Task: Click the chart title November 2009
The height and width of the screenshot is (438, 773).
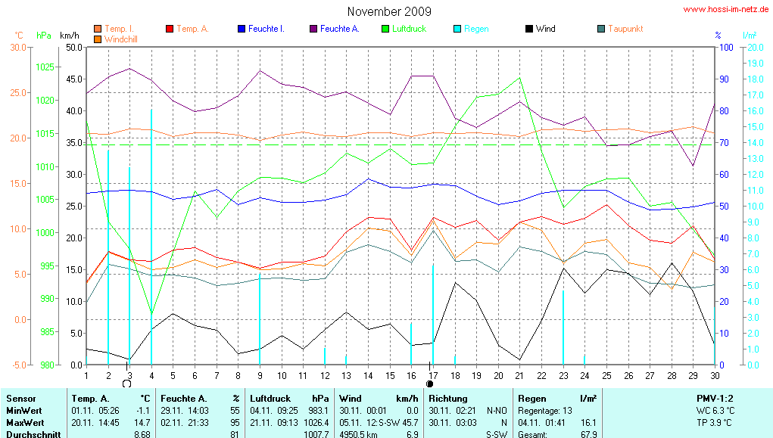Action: pos(389,11)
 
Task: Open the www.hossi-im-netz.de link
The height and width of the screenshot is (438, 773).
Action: pos(727,10)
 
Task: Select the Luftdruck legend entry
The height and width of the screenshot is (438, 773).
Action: pos(409,29)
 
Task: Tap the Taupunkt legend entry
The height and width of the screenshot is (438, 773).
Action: pos(625,29)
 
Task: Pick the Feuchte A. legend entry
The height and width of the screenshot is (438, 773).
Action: pos(339,29)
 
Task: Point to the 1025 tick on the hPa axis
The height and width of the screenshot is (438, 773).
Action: pos(45,67)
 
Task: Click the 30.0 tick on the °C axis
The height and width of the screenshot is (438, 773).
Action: pos(17,47)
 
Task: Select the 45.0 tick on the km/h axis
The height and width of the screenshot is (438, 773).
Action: pos(74,79)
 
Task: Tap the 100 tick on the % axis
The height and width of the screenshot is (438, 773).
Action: pos(725,47)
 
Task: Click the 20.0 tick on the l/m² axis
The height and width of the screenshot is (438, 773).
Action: pos(753,47)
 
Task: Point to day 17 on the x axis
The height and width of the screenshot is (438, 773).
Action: pos(432,375)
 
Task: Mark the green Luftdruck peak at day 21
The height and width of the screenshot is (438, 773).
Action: pos(519,78)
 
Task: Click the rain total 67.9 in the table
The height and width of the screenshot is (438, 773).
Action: pos(588,434)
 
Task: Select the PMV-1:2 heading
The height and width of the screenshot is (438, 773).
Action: pos(715,398)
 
